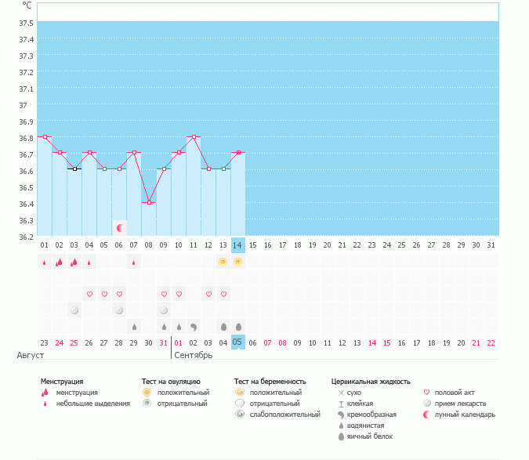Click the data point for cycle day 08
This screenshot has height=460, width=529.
click(x=149, y=202)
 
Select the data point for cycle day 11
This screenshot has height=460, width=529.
click(x=194, y=136)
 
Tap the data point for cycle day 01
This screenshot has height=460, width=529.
click(x=45, y=136)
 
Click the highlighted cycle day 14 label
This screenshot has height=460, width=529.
click(x=238, y=245)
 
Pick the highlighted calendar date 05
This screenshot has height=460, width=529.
click(x=238, y=342)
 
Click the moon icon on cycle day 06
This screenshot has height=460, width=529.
click(x=120, y=227)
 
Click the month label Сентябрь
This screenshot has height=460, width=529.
click(x=194, y=355)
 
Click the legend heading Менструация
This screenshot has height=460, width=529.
click(x=62, y=382)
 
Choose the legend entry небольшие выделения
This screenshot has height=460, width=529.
click(x=92, y=403)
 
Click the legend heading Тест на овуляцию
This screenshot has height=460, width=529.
click(x=170, y=382)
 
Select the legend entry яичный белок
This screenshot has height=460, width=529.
click(x=369, y=436)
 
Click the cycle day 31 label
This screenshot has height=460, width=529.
click(x=491, y=245)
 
